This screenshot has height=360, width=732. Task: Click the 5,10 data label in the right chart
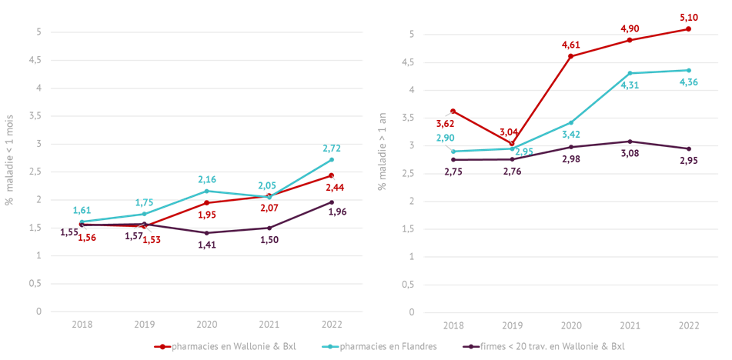coord(688,17)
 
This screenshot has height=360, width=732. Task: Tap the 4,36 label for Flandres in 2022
coord(688,82)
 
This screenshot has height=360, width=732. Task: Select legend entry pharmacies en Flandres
coord(389,347)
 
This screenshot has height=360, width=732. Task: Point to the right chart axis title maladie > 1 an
coord(382,152)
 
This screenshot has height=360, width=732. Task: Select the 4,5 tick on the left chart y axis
coord(34,60)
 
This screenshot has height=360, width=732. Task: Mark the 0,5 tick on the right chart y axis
coord(407,285)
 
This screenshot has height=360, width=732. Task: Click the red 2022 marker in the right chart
coord(688,28)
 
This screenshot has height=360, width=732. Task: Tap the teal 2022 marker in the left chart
coord(332,159)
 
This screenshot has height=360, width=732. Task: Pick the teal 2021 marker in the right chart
coord(629,73)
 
